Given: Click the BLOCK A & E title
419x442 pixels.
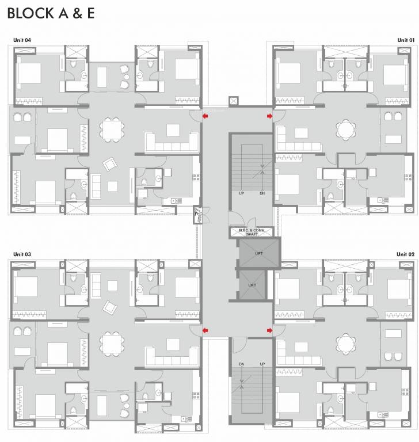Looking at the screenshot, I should [50, 14].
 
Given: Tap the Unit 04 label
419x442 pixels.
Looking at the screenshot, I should [22, 40].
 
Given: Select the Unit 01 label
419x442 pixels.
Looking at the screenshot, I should [405, 40].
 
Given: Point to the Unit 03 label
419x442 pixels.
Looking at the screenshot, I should [22, 254].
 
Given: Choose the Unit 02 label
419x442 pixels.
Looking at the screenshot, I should [405, 254].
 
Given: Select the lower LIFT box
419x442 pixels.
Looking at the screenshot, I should [252, 284].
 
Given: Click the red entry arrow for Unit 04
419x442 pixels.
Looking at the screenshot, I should [205, 116].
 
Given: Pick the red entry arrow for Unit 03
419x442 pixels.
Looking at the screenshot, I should [205, 330].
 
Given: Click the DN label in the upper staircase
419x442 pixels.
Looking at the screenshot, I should [262, 193].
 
